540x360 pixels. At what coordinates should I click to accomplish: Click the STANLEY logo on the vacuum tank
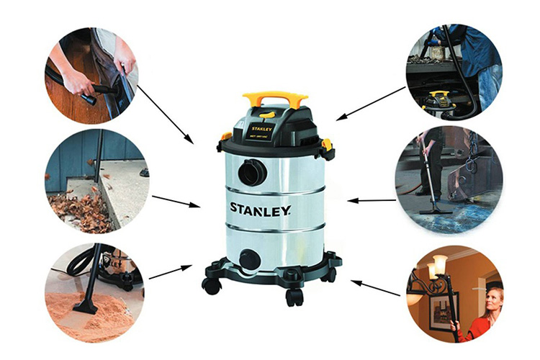click(261, 210)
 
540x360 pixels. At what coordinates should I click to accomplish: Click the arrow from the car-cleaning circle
click(165, 114)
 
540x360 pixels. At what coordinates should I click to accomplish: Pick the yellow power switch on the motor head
click(266, 114)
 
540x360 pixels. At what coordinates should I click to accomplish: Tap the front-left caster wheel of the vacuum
click(212, 285)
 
